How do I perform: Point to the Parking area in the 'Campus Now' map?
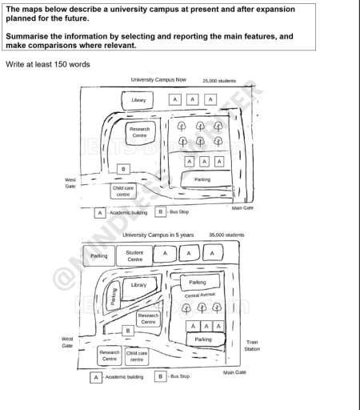pyautogui.click(x=202, y=179)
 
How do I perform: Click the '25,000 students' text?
pyautogui.click(x=222, y=81)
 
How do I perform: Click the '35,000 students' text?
pyautogui.click(x=226, y=235)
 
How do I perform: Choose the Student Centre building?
pyautogui.click(x=135, y=255)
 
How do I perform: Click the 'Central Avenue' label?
pyautogui.click(x=201, y=296)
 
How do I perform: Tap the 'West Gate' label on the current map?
pyautogui.click(x=70, y=183)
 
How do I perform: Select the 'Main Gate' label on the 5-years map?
pyautogui.click(x=233, y=372)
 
